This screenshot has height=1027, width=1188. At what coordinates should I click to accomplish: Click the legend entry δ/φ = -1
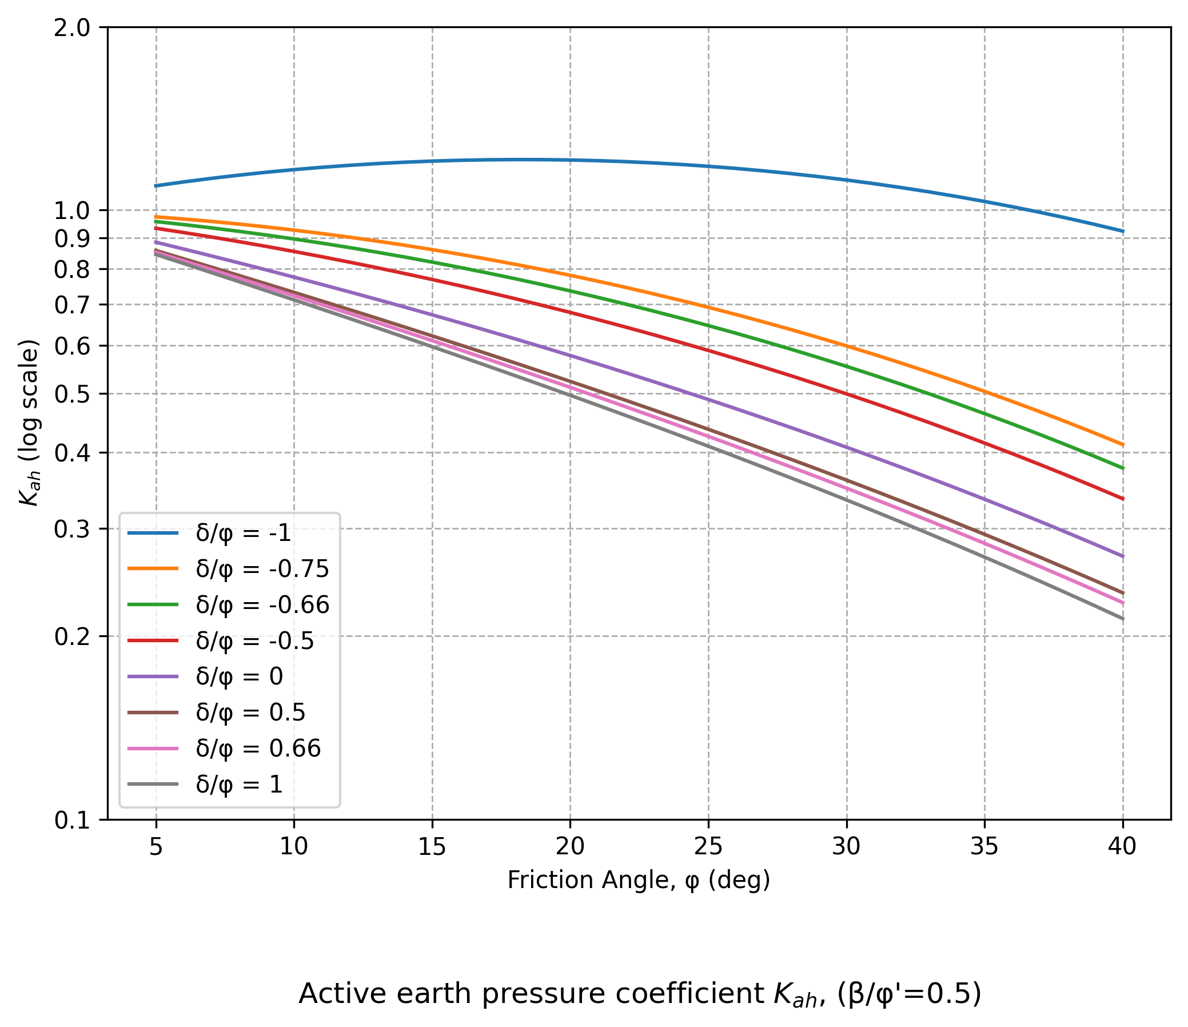pos(243,534)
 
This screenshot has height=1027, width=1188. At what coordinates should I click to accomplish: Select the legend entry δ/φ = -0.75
pos(262,569)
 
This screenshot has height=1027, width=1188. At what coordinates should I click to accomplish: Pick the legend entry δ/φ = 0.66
pos(258,749)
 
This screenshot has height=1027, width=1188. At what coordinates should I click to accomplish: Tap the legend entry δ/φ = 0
pos(239,676)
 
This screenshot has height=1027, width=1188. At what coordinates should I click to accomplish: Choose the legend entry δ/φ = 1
pos(239,785)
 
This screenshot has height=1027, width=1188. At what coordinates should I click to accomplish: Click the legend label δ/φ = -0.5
pos(254,640)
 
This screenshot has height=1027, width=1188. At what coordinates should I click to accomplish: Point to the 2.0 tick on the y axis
pos(72,28)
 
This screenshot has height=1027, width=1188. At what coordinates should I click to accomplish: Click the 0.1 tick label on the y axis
pos(72,821)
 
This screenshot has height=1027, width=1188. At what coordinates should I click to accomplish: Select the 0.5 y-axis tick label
pos(72,395)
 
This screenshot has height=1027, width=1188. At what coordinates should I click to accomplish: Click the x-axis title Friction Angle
pos(638,880)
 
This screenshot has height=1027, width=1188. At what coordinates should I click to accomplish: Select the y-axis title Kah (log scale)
pos(29,423)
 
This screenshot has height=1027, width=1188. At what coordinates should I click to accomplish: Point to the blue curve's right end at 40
pos(1122,231)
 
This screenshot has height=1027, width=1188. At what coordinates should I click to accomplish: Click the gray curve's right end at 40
pos(1122,619)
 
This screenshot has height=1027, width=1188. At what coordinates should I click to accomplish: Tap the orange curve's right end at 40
pos(1122,444)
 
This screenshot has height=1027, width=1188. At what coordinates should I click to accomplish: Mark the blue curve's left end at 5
pos(156,186)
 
